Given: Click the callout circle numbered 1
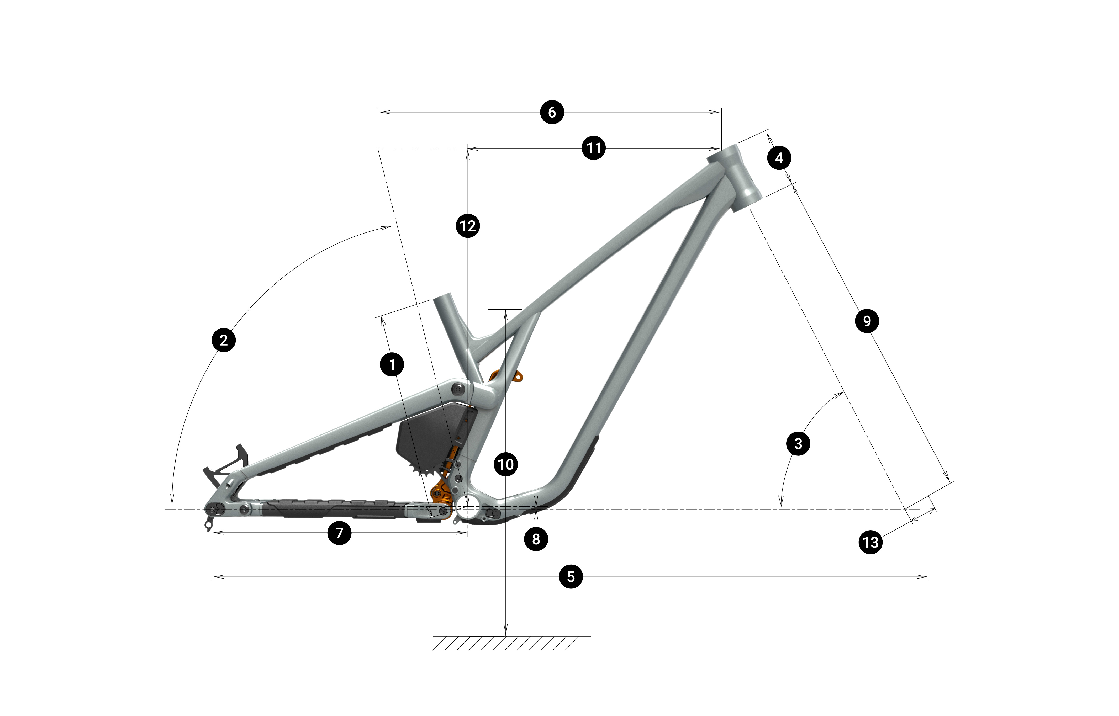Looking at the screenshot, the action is pyautogui.click(x=392, y=364).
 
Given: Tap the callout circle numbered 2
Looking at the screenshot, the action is pyautogui.click(x=224, y=340).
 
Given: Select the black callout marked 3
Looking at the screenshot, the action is pyautogui.click(x=798, y=444).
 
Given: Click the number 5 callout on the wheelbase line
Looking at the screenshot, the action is pyautogui.click(x=571, y=576).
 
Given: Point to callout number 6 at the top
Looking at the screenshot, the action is pyautogui.click(x=552, y=112).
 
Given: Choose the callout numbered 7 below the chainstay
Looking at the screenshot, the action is pyautogui.click(x=340, y=533).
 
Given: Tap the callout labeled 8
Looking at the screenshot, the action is pyautogui.click(x=536, y=539).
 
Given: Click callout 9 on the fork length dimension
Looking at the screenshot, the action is pyautogui.click(x=867, y=321).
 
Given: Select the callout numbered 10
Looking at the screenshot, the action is pyautogui.click(x=506, y=464).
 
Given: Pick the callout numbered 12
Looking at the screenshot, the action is pyautogui.click(x=468, y=226).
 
